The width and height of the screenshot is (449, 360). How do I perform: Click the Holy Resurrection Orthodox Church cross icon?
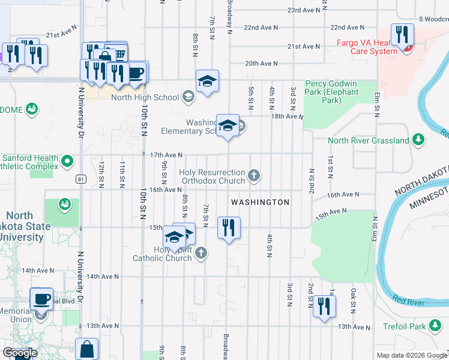click(x=255, y=176)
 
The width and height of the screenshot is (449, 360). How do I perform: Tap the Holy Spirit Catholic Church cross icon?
click(x=201, y=253)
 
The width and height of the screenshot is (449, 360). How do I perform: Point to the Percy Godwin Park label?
click(x=332, y=88)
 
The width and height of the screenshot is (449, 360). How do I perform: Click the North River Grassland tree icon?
click(x=418, y=140)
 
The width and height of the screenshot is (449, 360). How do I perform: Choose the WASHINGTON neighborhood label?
click(x=261, y=202)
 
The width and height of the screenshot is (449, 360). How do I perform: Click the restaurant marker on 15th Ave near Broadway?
click(x=229, y=228)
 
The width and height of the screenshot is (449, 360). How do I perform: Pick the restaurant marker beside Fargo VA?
click(x=401, y=35)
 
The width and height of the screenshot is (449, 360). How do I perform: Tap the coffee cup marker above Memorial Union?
click(x=41, y=298)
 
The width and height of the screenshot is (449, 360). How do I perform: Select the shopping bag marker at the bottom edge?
click(x=87, y=349)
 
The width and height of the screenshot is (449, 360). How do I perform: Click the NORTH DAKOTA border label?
click(x=421, y=181)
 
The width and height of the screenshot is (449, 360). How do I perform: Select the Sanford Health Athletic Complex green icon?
click(x=68, y=161)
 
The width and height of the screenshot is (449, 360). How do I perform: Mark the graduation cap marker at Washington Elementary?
click(x=228, y=126)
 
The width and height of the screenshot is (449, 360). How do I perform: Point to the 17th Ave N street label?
click(x=166, y=155)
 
